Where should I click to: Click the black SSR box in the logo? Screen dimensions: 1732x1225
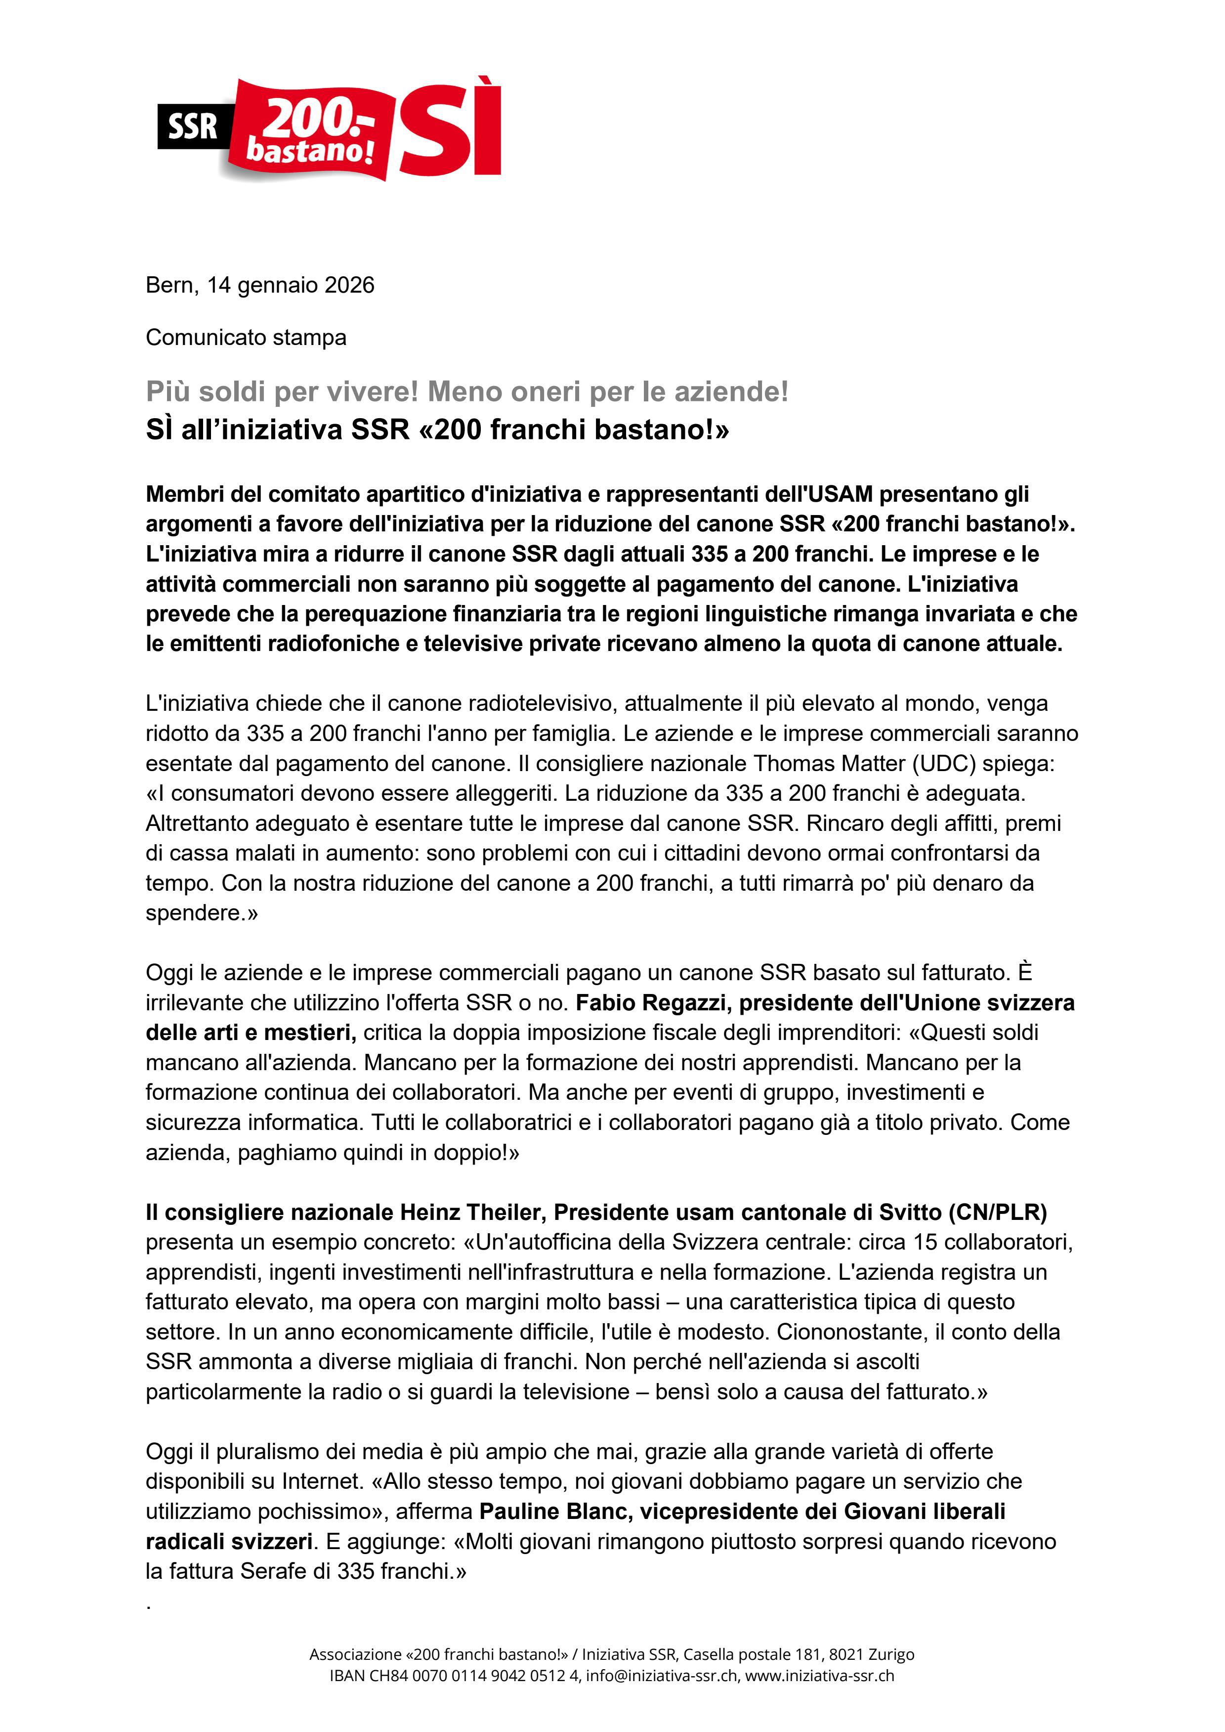[x=192, y=126]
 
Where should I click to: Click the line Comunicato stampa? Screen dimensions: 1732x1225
[x=246, y=337]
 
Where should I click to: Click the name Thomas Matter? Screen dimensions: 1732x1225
[x=829, y=763]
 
